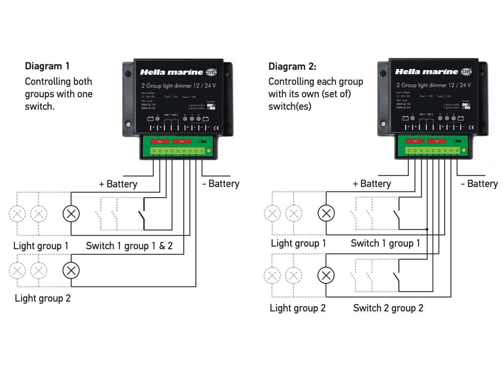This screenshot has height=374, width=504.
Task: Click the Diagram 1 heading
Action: (47, 66)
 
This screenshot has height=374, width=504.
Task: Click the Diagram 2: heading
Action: (292, 67)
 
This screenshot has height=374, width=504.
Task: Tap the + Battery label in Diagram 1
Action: (118, 184)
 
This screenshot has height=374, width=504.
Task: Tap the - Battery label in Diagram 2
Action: (479, 184)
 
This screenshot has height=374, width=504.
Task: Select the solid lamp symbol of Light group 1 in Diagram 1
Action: (71, 214)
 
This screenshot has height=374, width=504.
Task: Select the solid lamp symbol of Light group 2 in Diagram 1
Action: (71, 270)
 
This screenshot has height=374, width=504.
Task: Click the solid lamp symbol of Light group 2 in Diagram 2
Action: (326, 275)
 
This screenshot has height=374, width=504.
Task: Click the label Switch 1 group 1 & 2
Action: (129, 246)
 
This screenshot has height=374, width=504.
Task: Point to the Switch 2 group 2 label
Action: (388, 308)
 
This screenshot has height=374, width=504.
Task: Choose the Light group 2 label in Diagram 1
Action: (43, 298)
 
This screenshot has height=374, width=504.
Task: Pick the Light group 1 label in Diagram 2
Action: (298, 243)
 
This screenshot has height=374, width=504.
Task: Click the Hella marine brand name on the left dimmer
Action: (172, 72)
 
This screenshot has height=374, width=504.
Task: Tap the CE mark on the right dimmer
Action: (471, 127)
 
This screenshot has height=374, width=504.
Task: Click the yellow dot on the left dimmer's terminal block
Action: (209, 151)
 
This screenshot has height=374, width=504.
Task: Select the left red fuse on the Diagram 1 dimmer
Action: (160, 142)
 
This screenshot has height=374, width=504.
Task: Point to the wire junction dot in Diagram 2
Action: (427, 229)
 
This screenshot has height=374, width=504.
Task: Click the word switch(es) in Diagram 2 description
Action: (290, 106)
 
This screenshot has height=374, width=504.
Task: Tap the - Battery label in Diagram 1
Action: (221, 184)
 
